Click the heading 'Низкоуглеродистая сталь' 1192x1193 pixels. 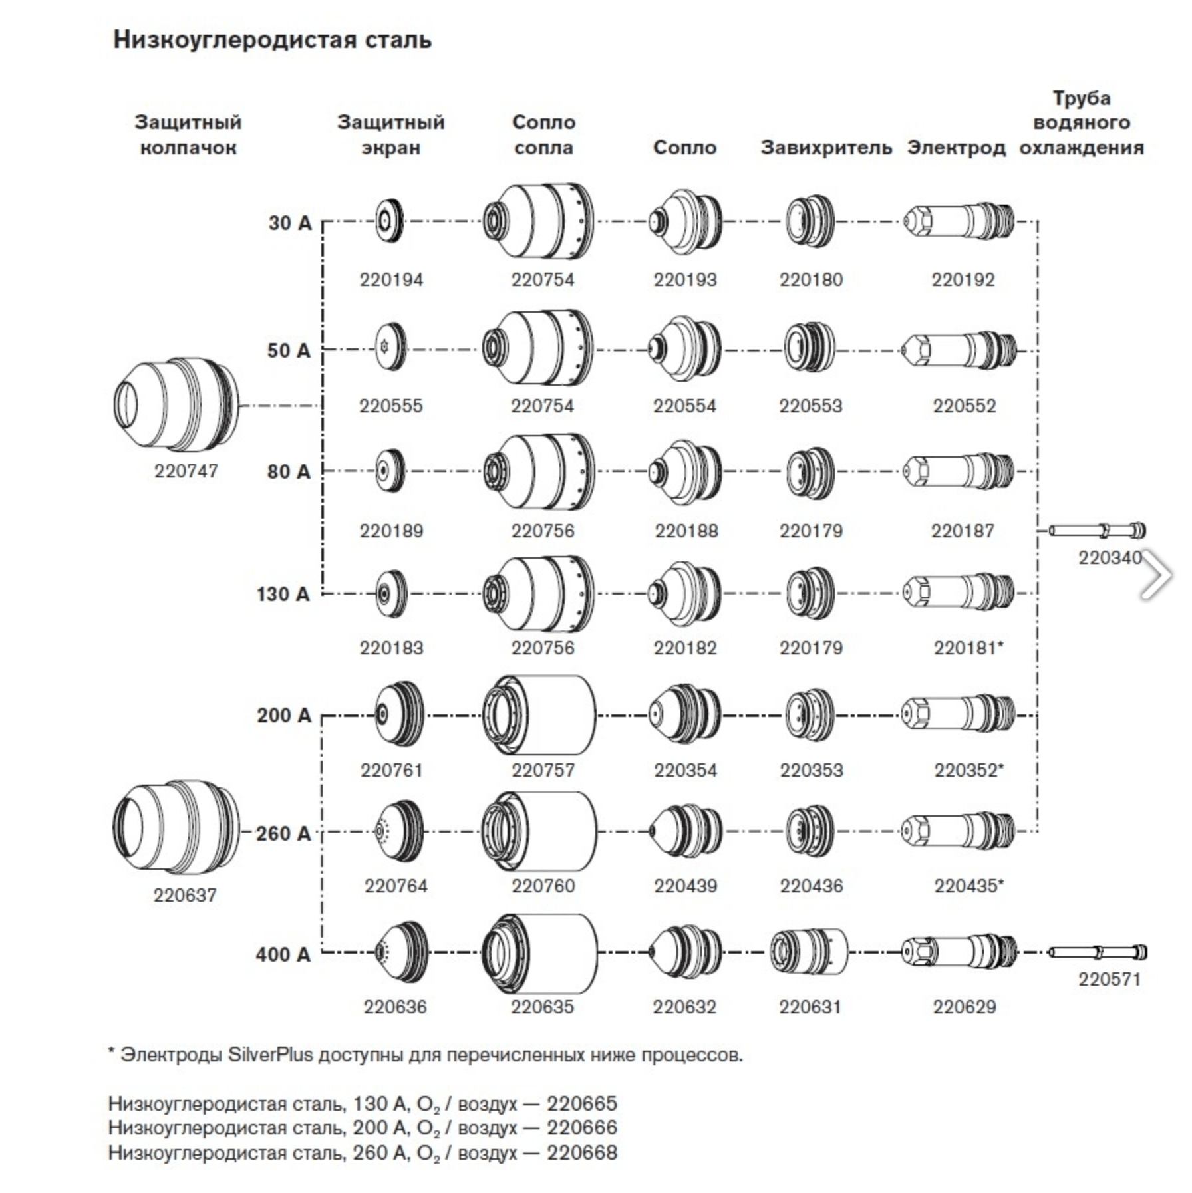click(x=273, y=39)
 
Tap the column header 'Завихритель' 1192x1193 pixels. click(x=826, y=147)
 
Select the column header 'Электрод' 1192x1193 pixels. click(x=956, y=147)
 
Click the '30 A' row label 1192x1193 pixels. click(x=290, y=223)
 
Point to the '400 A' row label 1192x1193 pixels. click(x=283, y=954)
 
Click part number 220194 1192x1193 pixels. click(x=391, y=279)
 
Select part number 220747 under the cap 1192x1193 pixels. click(x=186, y=471)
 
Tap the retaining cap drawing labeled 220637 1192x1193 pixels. click(x=176, y=828)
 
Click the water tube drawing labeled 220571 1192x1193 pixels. click(x=1098, y=952)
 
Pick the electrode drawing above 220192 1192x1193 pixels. click(x=959, y=222)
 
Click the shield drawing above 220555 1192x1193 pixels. click(x=390, y=347)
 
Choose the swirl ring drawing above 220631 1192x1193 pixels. click(x=809, y=952)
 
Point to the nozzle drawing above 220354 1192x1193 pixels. click(x=684, y=715)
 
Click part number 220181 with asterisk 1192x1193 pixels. click(x=968, y=647)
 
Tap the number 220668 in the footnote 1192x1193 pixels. click(x=582, y=1152)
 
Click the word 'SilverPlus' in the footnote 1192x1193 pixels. click(x=271, y=1055)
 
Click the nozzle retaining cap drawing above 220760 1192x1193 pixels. click(x=539, y=831)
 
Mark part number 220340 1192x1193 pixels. click(x=1110, y=557)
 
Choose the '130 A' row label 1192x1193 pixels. click(x=283, y=594)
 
